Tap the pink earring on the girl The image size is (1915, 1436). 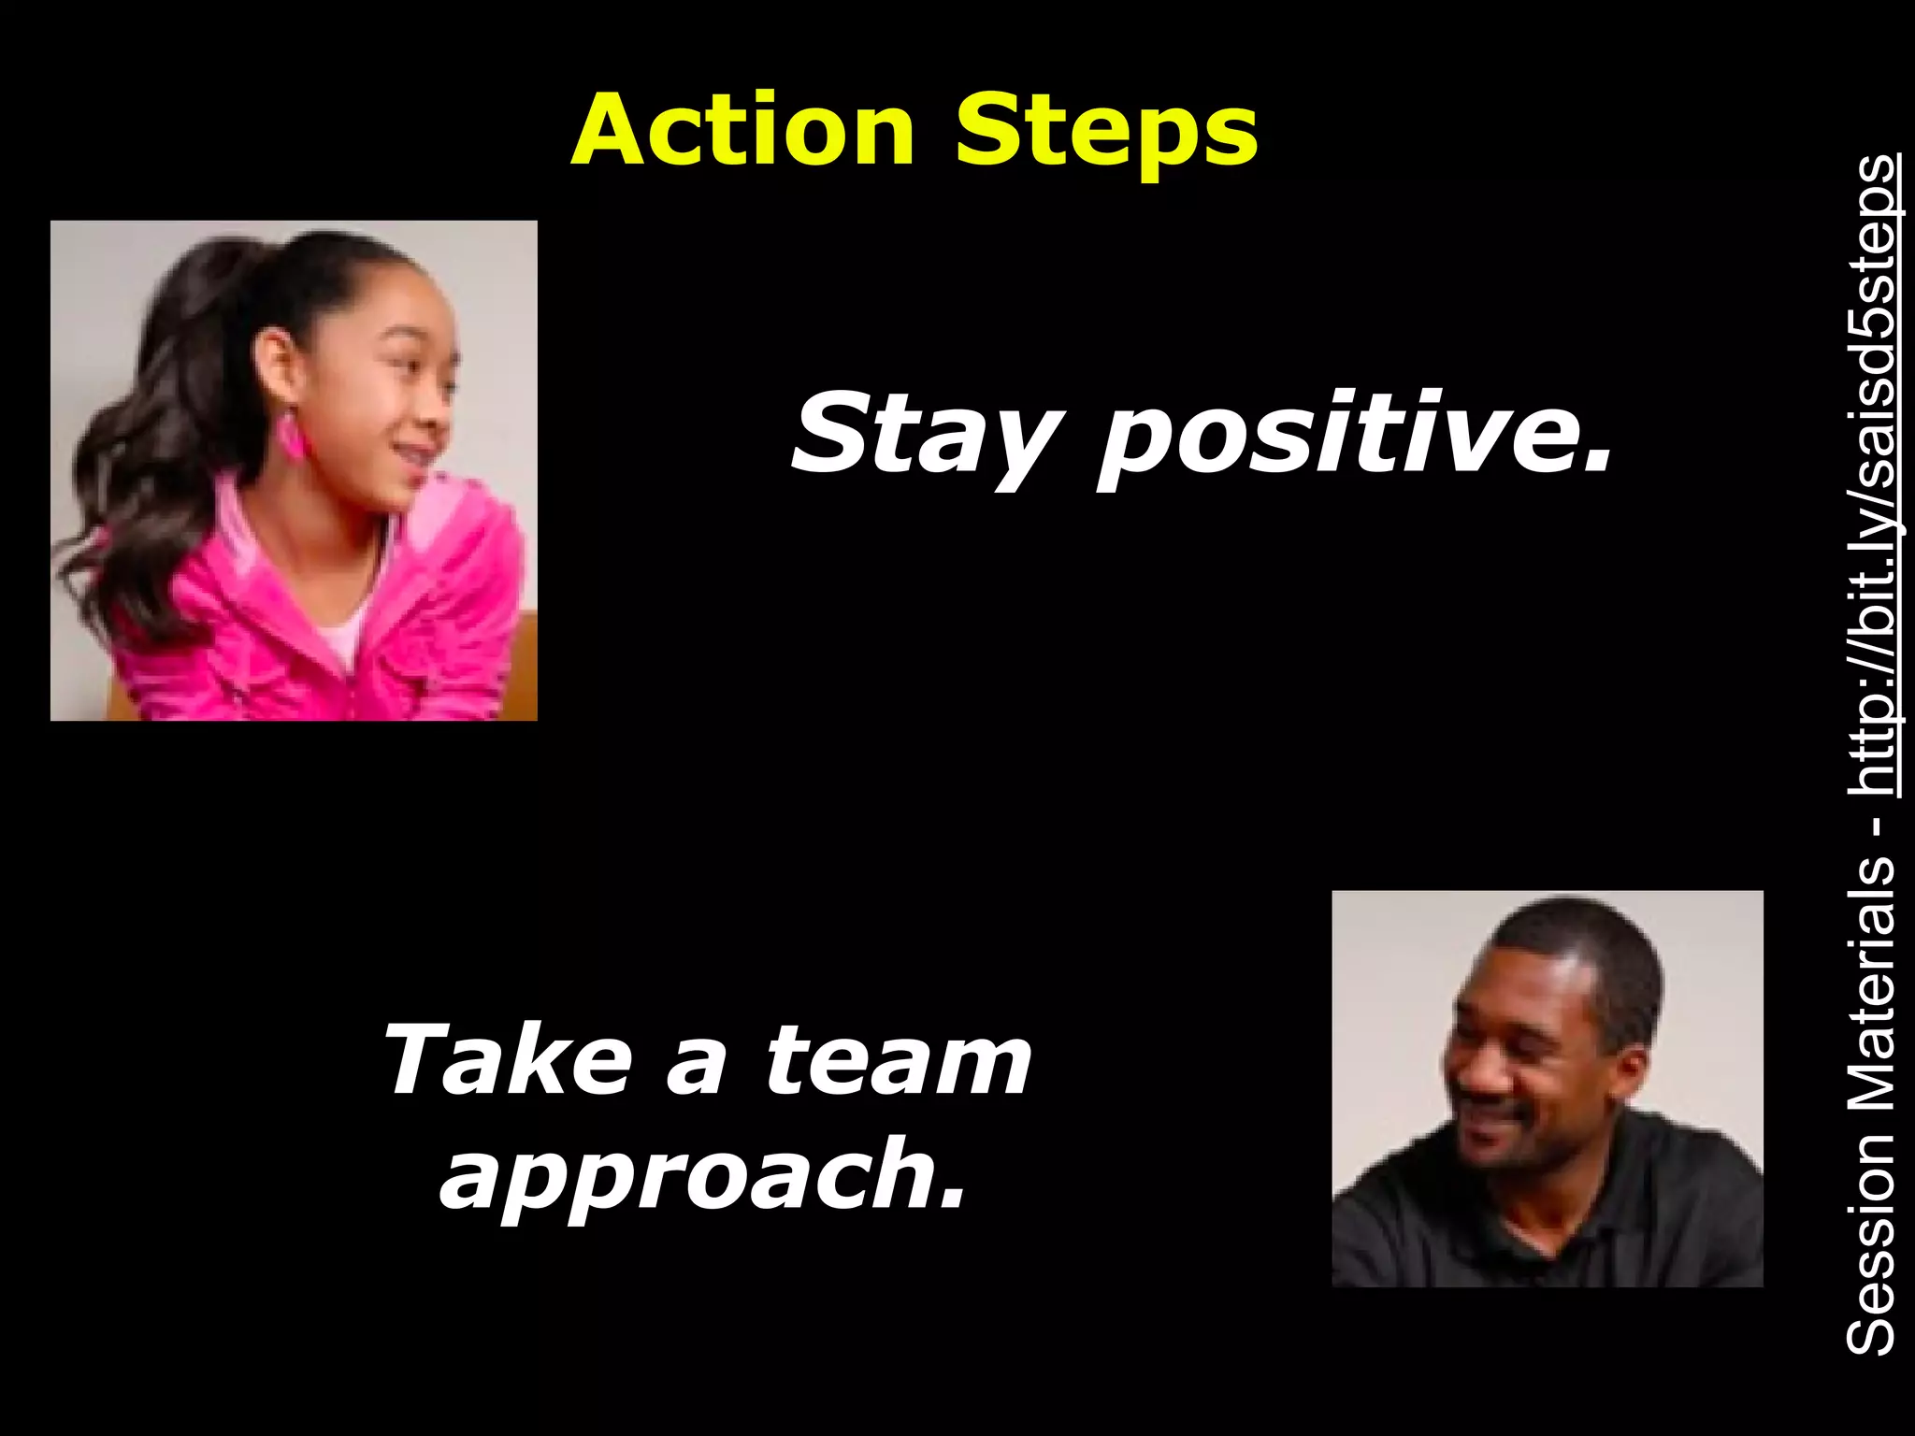(x=291, y=435)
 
